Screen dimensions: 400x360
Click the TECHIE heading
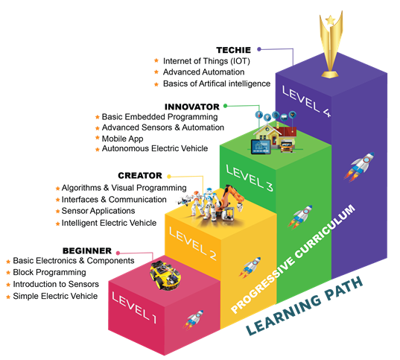click(233, 50)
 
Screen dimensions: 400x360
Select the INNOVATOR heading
click(192, 107)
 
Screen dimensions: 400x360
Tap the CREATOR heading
click(140, 176)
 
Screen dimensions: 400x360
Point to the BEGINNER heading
click(87, 250)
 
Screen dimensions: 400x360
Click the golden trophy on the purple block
click(331, 45)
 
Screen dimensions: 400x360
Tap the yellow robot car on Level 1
click(165, 276)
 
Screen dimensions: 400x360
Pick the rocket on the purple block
click(359, 166)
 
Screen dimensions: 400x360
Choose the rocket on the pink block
click(193, 319)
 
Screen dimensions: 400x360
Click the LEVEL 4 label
click(306, 101)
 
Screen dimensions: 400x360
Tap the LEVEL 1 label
click(134, 308)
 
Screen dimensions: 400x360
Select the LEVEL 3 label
click(250, 178)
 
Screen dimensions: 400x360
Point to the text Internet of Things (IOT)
click(206, 61)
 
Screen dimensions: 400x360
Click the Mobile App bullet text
click(122, 139)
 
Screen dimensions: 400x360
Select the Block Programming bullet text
click(49, 273)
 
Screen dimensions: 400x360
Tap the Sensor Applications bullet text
click(98, 211)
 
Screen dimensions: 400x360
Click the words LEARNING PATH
click(305, 306)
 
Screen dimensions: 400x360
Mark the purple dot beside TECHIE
click(259, 49)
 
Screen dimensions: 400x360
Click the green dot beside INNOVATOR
click(225, 106)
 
